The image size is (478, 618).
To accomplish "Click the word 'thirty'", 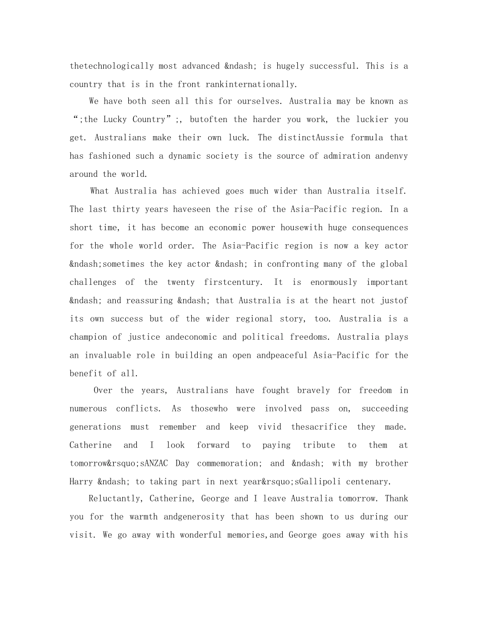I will pyautogui.click(x=126, y=209).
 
